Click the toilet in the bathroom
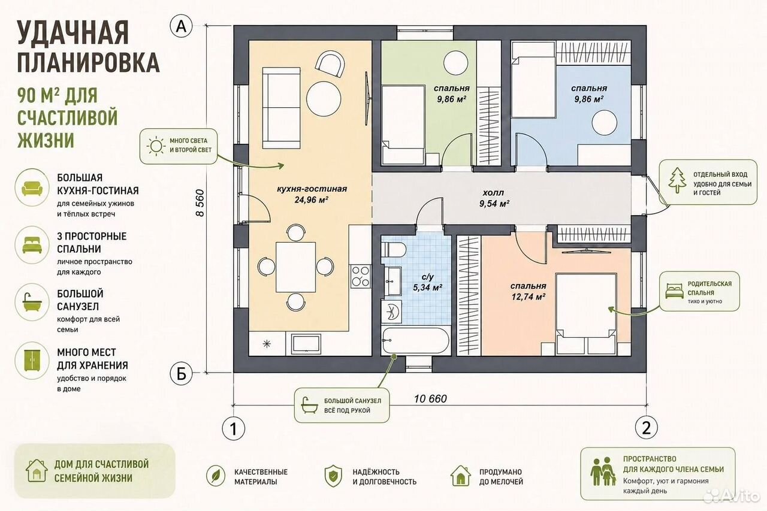coord(394,250)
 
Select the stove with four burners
coord(361,276)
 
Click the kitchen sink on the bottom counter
coord(306,344)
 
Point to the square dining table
coord(296,267)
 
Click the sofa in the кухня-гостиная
coord(281,108)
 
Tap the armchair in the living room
coord(330,64)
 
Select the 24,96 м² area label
coord(312,199)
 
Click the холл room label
coord(493,193)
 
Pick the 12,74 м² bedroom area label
coord(529,297)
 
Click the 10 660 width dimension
coord(430,399)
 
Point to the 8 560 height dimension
coord(200,203)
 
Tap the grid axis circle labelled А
coord(181,26)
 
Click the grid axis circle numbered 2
coord(646,428)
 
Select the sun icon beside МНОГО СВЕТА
coord(156,146)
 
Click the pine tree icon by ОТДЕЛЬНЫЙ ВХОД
coord(677,180)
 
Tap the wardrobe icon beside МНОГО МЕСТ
coord(32,361)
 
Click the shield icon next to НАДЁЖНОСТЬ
coord(333,476)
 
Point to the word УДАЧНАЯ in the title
coord(73,33)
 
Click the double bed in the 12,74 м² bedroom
coord(586,314)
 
